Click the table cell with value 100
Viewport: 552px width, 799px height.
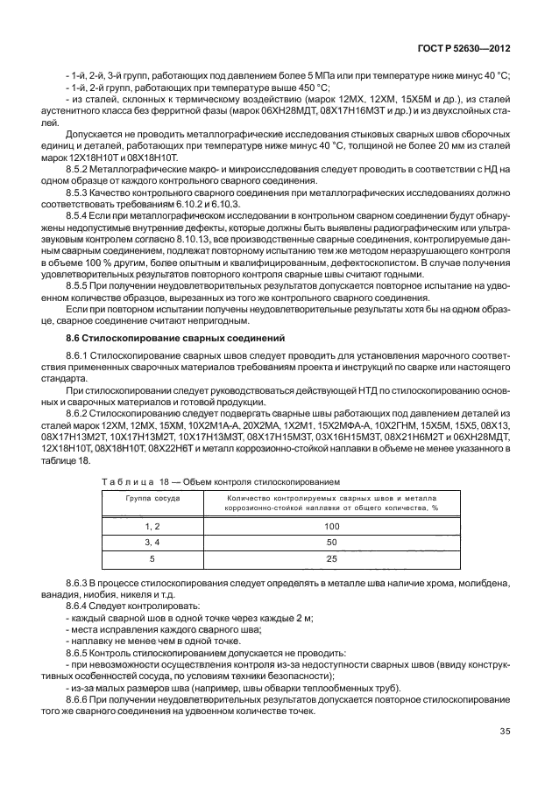click(331, 527)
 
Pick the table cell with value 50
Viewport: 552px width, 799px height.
click(331, 543)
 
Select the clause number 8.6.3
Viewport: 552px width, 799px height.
click(80, 582)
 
